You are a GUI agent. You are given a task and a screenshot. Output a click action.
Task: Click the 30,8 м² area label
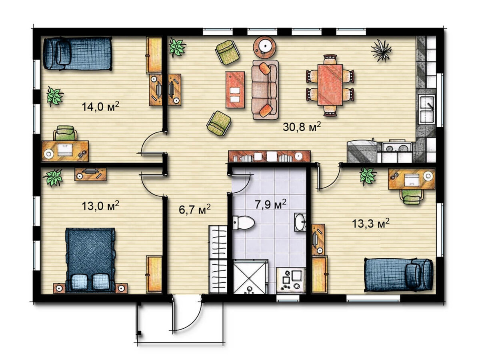[x=302, y=126]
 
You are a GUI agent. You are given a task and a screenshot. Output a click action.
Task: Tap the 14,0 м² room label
[x=100, y=106]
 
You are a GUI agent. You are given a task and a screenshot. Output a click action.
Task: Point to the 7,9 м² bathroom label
[x=270, y=204]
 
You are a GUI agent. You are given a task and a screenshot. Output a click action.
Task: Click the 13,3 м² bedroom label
[x=371, y=223]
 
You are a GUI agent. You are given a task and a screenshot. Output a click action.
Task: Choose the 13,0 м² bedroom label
[x=100, y=206]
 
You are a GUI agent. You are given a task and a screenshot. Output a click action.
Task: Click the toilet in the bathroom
[x=243, y=223]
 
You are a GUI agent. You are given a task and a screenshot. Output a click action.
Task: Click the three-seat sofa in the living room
[x=265, y=90]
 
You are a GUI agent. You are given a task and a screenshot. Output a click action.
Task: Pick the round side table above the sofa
[x=264, y=47]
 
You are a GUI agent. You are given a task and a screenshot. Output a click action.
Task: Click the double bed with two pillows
[x=90, y=260]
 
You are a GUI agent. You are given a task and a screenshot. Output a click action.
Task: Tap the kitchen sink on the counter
[x=426, y=109]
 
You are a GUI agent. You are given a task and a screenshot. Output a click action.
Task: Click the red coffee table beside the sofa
[x=235, y=90]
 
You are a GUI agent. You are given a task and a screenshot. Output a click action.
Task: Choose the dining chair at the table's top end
[x=330, y=60]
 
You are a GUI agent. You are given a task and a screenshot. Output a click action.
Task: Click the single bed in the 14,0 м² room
[x=78, y=54]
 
